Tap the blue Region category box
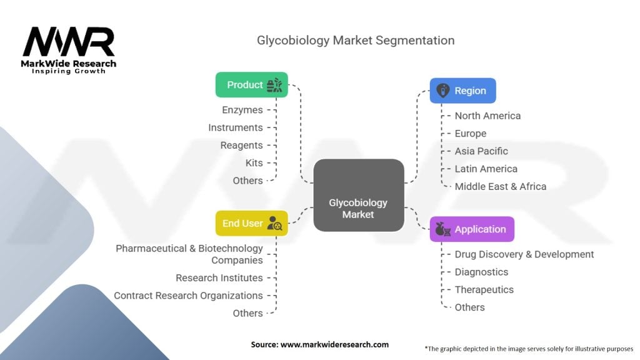tap(462, 91)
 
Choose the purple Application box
tap(472, 229)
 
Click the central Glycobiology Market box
tap(358, 208)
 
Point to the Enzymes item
tap(242, 110)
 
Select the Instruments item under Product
tap(236, 127)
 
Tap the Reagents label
tap(241, 145)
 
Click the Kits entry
tap(254, 162)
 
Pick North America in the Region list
tap(487, 116)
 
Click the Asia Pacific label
tap(481, 151)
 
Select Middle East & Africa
tap(500, 186)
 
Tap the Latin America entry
tap(486, 169)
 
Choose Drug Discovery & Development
tap(524, 254)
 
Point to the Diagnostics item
tap(481, 272)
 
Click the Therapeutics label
tap(484, 289)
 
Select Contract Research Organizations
tap(188, 295)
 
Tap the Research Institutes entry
tap(219, 277)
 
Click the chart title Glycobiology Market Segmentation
tap(356, 40)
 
